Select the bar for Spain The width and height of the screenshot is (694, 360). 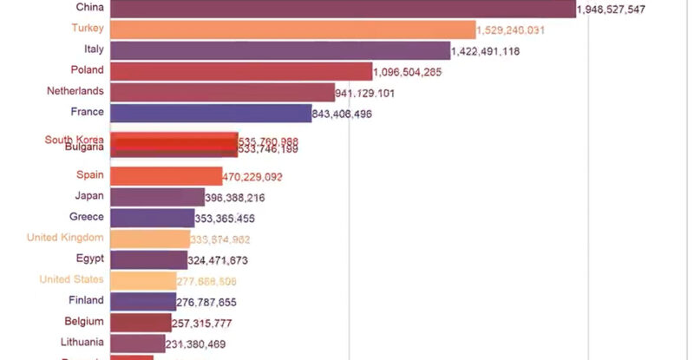coord(166,176)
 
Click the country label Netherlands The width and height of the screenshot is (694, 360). coord(75,91)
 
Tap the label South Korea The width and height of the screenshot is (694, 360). coord(75,140)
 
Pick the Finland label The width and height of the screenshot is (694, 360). coord(86,300)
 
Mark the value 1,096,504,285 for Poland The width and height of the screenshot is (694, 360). coord(409,72)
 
